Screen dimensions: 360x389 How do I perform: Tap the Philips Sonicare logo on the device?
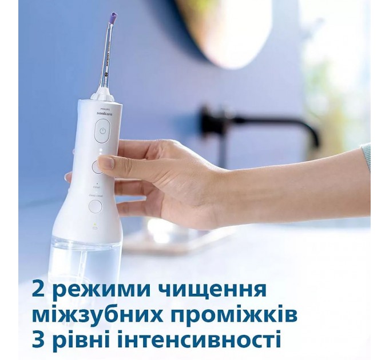pyautogui.click(x=102, y=112)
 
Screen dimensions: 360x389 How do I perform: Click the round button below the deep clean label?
pyautogui.click(x=96, y=206)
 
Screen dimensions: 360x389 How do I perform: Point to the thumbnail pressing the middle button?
pyautogui.click(x=105, y=163)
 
